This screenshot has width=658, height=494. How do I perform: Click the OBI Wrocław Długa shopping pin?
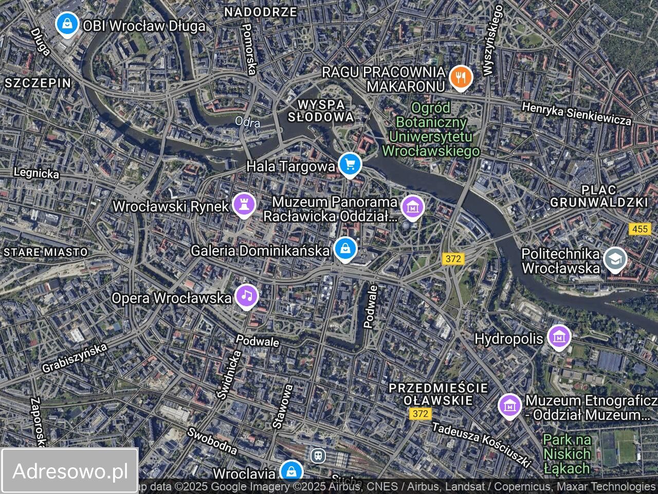[67, 24]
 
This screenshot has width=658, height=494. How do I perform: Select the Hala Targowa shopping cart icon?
[350, 165]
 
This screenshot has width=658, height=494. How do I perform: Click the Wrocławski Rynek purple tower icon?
[244, 205]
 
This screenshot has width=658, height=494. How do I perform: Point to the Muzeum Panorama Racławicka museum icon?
[412, 207]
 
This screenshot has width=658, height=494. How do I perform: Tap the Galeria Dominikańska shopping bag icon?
[345, 249]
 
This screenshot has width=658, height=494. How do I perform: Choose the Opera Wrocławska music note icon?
[247, 296]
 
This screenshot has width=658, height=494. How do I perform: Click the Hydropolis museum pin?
[559, 338]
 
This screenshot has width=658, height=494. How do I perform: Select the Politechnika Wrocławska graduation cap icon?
[615, 260]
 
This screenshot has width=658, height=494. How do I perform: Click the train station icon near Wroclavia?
[318, 455]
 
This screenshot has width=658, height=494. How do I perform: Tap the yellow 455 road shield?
[640, 228]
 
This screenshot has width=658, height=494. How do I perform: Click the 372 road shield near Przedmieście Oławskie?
[420, 413]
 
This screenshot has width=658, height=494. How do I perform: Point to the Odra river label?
[248, 122]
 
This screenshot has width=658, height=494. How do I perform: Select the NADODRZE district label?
[261, 12]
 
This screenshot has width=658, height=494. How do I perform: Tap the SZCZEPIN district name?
[38, 83]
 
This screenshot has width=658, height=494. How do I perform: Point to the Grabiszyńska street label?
[75, 358]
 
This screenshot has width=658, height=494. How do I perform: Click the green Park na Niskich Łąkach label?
[567, 454]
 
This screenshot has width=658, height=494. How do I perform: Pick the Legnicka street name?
[36, 173]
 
